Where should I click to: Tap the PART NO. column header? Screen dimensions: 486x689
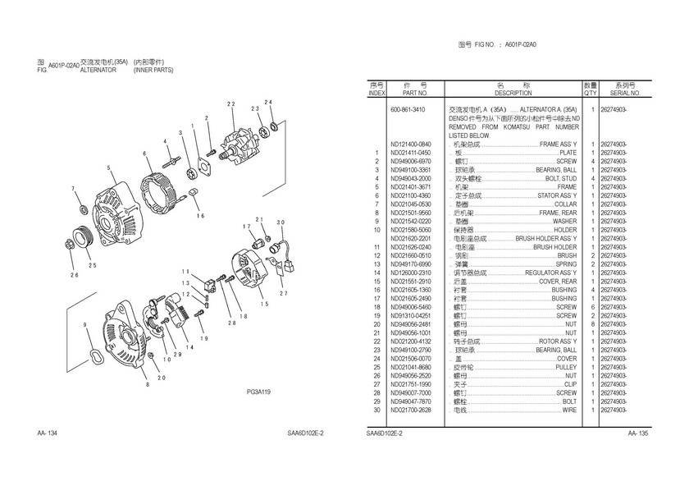[410, 93]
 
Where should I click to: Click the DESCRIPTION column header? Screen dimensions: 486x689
[513, 93]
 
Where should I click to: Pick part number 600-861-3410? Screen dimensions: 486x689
[408, 110]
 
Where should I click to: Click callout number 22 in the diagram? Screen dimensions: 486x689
[231, 103]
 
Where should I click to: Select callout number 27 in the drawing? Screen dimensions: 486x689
[284, 292]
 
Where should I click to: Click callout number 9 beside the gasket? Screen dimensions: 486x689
[85, 327]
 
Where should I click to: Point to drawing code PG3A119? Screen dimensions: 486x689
[258, 393]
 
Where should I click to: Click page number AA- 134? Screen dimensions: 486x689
[47, 433]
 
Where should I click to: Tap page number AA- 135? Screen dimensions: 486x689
[638, 433]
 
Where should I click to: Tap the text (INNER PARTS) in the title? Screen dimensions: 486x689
[153, 71]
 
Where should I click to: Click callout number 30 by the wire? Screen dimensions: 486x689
[281, 222]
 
